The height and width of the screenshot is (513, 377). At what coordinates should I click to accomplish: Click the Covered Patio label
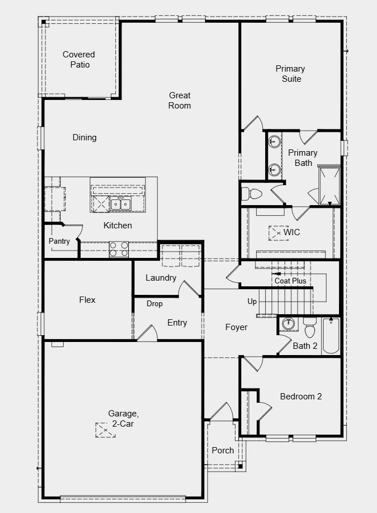pyautogui.click(x=79, y=60)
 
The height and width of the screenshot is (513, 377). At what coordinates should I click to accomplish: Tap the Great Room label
pyautogui.click(x=179, y=101)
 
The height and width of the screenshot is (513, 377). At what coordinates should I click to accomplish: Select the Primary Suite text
pyautogui.click(x=290, y=74)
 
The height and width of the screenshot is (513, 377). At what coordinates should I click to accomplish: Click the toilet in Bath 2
pyautogui.click(x=310, y=327)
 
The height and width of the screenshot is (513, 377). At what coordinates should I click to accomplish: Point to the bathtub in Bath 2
pyautogui.click(x=330, y=335)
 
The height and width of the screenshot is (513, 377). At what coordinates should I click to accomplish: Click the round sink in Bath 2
pyautogui.click(x=288, y=324)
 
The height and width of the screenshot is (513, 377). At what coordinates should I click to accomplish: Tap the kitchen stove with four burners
pyautogui.click(x=119, y=249)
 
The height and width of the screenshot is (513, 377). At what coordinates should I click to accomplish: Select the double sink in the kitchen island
pyautogui.click(x=120, y=205)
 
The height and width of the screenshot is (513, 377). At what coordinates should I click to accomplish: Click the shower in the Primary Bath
pyautogui.click(x=329, y=186)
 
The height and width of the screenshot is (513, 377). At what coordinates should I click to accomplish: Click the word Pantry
pyautogui.click(x=59, y=241)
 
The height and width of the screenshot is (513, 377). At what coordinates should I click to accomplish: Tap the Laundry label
pyautogui.click(x=161, y=278)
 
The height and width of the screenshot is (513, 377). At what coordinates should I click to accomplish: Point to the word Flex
pyautogui.click(x=87, y=300)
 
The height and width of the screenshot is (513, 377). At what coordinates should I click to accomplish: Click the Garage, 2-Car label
pyautogui.click(x=123, y=419)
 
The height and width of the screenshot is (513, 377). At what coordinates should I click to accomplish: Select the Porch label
pyautogui.click(x=223, y=451)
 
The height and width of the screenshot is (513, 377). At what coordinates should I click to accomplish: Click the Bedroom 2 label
pyautogui.click(x=301, y=397)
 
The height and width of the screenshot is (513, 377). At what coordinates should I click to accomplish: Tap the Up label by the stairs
pyautogui.click(x=252, y=302)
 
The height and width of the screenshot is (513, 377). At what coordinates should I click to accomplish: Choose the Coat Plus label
pyautogui.click(x=290, y=281)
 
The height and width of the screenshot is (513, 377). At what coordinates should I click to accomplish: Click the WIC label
pyautogui.click(x=292, y=232)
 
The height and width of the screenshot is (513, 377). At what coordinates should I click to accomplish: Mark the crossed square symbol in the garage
pyautogui.click(x=105, y=430)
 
